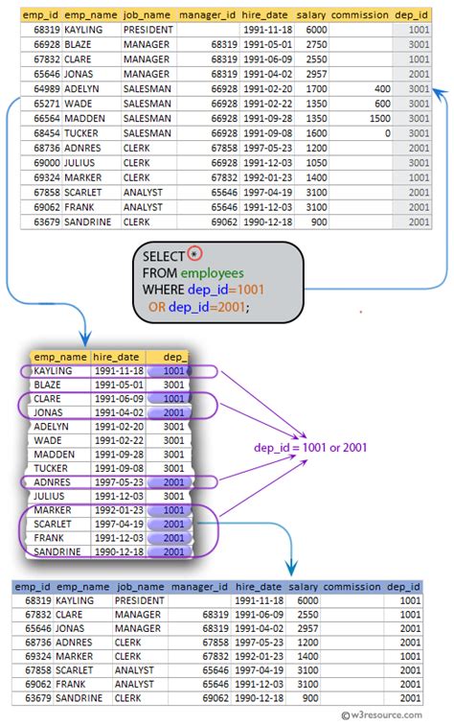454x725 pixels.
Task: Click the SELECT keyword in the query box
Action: click(x=164, y=257)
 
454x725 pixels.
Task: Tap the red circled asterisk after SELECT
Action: click(x=195, y=254)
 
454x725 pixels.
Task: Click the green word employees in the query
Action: click(x=216, y=273)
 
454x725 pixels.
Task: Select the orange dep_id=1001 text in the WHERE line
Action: click(x=228, y=290)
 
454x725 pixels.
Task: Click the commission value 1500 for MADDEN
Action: click(x=377, y=118)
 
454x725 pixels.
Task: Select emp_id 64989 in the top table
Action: click(x=39, y=87)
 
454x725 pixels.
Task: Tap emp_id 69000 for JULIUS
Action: click(x=39, y=163)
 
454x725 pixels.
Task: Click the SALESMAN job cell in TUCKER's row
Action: click(x=145, y=133)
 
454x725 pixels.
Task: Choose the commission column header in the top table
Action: click(x=358, y=15)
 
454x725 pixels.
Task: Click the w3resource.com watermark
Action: click(x=395, y=715)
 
